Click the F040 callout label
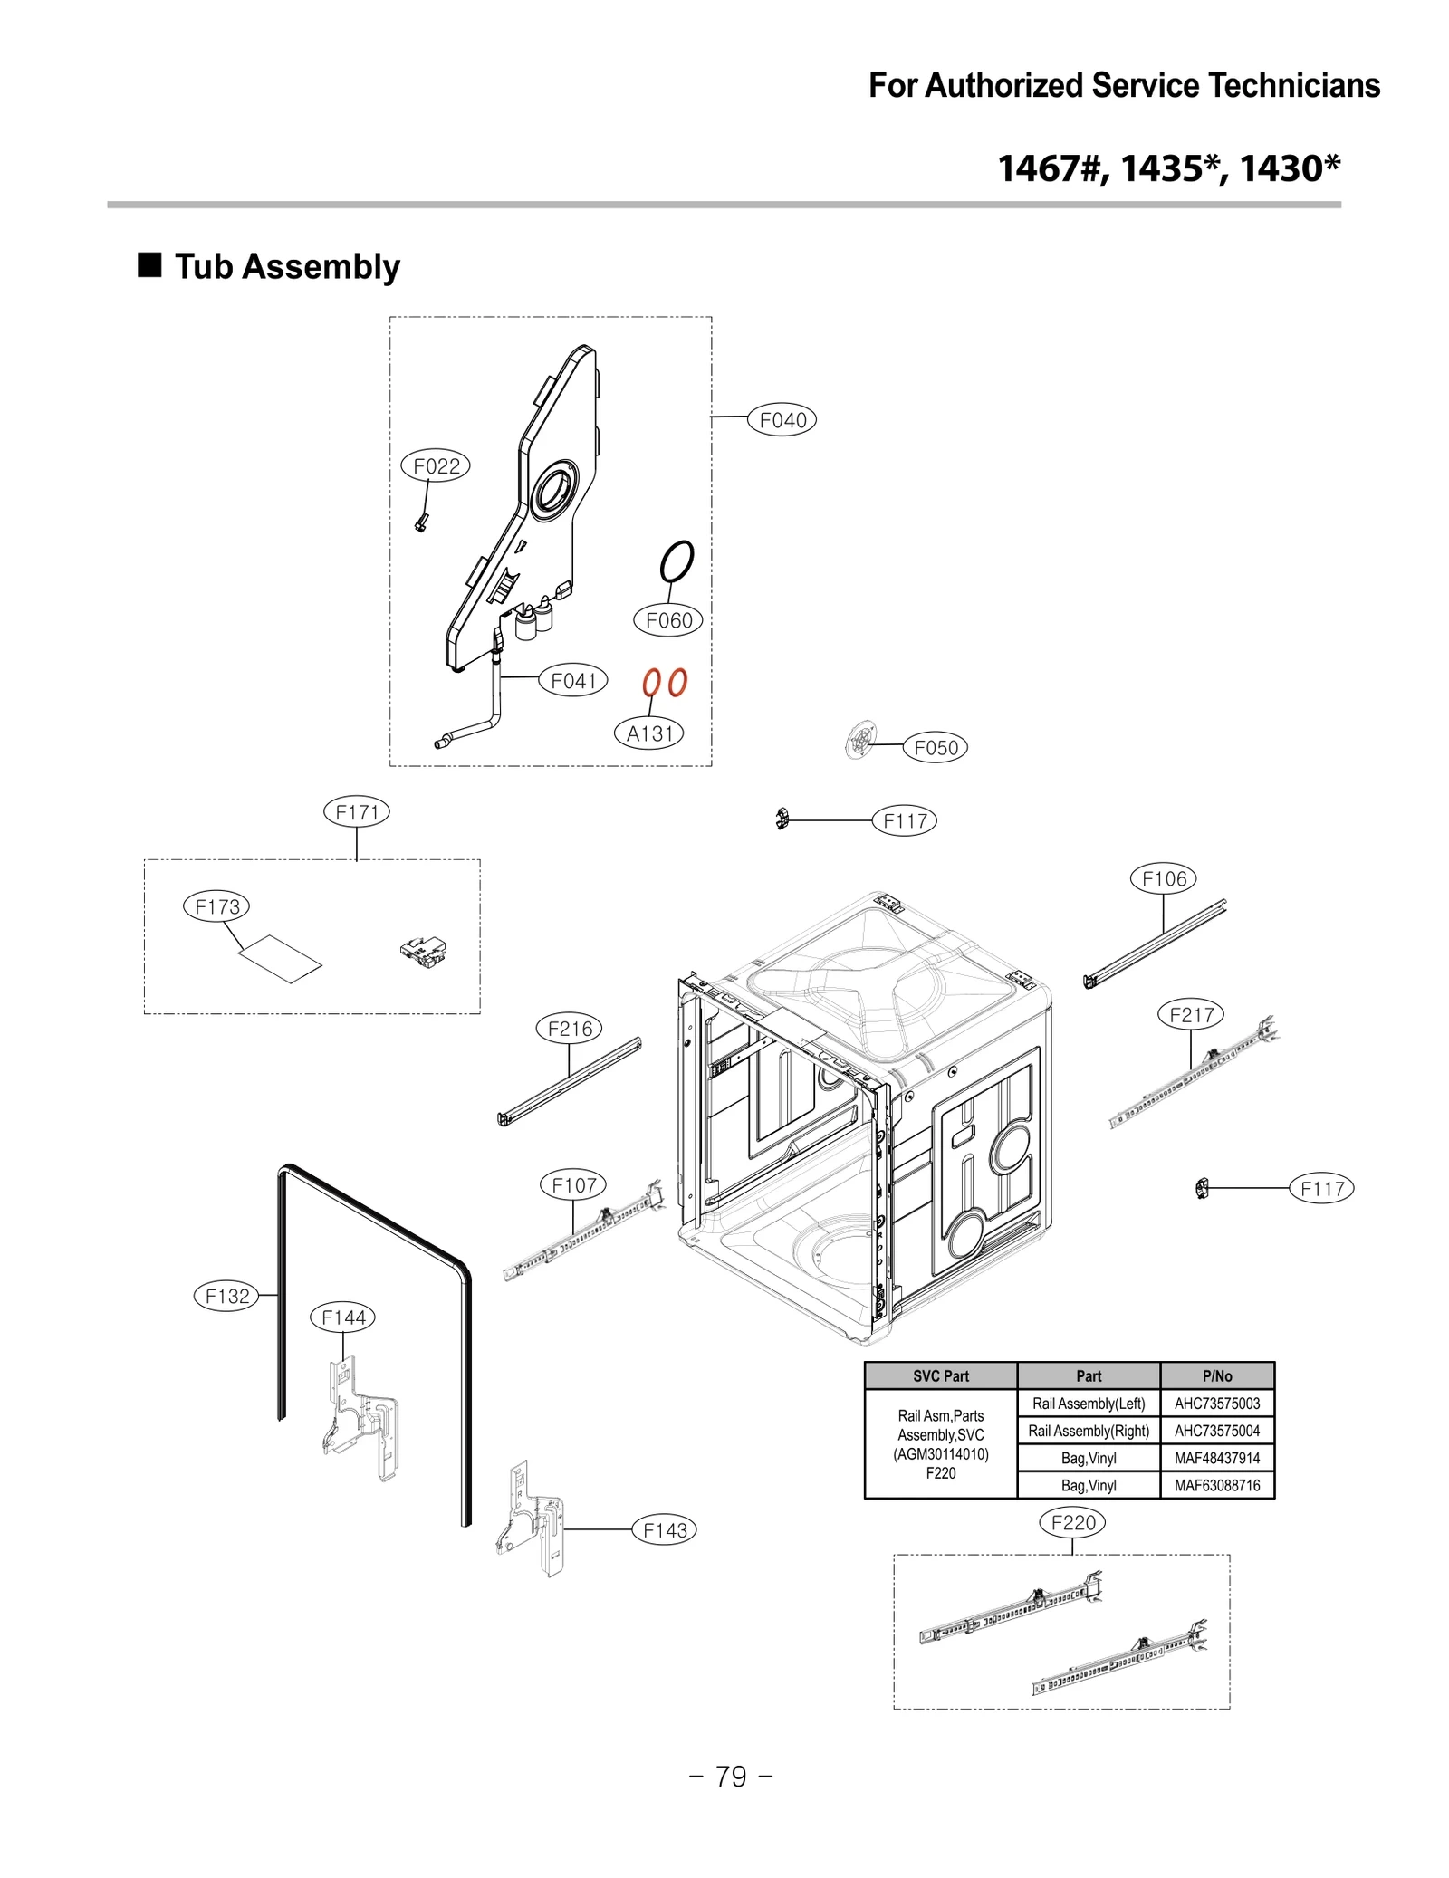(x=782, y=419)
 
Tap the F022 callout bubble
(x=436, y=465)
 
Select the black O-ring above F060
(x=677, y=561)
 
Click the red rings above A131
(x=665, y=682)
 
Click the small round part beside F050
(x=860, y=740)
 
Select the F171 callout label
(x=356, y=811)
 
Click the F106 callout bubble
(x=1163, y=877)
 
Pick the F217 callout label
(x=1190, y=1014)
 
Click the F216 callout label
(x=570, y=1028)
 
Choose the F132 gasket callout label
(x=226, y=1295)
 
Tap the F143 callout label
(x=665, y=1529)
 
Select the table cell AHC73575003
(x=1216, y=1403)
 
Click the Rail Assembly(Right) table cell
(x=1088, y=1430)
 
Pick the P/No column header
(x=1216, y=1375)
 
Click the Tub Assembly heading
(x=286, y=266)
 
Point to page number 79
(x=731, y=1776)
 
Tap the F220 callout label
(x=1072, y=1522)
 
